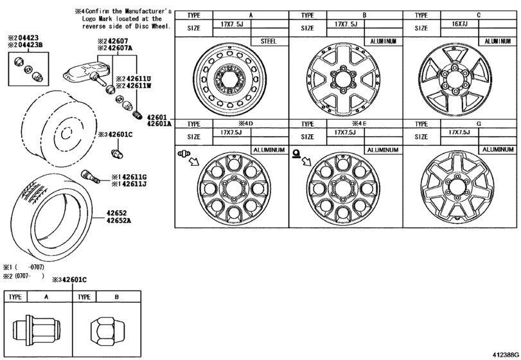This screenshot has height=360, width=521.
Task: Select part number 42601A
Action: pos(159,123)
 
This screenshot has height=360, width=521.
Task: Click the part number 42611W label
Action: pos(134,85)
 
